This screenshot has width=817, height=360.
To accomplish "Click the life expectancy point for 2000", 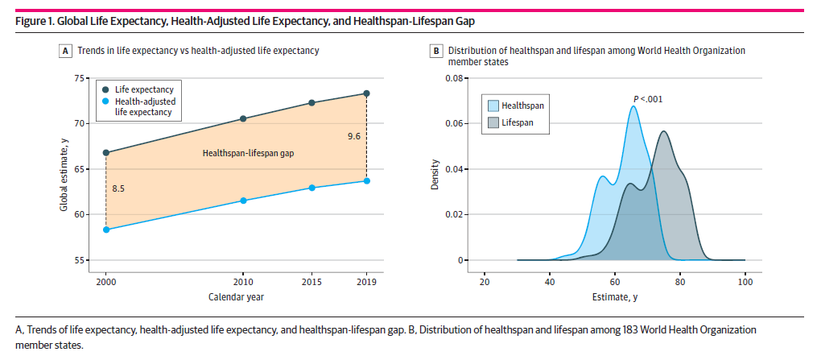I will click(105, 152).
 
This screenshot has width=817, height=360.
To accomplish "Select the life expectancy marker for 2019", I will click(366, 93).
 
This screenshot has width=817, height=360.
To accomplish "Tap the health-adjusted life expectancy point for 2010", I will click(244, 201).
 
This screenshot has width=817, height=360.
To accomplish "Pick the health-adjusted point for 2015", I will click(312, 188).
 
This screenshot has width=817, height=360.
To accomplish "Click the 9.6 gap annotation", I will click(353, 137).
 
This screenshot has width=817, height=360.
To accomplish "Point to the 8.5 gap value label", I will click(118, 188).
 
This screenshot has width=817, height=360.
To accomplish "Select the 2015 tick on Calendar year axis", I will click(312, 283).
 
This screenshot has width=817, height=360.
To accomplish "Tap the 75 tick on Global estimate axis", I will click(78, 78).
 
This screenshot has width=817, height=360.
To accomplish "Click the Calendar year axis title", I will click(236, 297).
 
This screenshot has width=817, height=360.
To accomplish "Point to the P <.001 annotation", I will click(647, 99).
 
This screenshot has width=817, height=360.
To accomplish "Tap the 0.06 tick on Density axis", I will click(453, 124).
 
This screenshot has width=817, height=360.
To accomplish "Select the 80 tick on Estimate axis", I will click(680, 283).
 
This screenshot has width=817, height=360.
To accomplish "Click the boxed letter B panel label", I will click(436, 51).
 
